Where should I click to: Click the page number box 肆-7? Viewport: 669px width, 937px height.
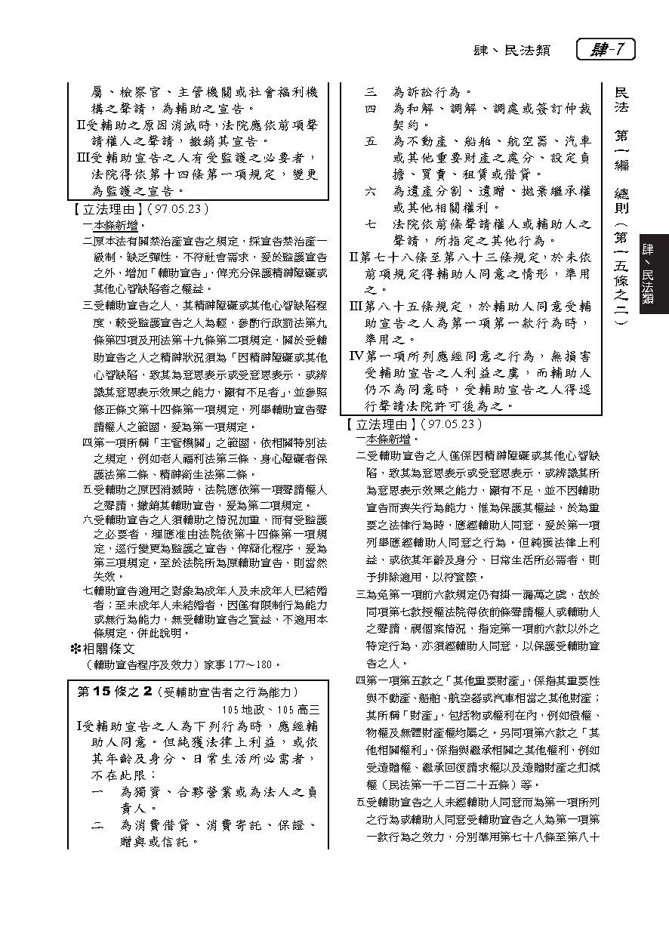[606, 50]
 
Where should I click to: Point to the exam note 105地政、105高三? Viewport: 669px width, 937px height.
[271, 709]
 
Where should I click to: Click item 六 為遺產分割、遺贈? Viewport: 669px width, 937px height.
[483, 191]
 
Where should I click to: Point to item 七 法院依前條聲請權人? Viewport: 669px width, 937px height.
[483, 224]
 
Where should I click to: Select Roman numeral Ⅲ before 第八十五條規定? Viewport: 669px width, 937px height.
[355, 307]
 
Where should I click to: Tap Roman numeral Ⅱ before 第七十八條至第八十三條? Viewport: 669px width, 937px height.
[355, 257]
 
